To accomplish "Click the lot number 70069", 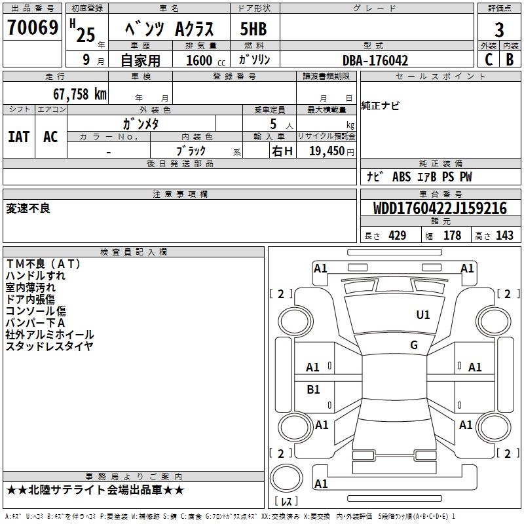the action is (x=32, y=28).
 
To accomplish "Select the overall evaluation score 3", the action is (x=499, y=29).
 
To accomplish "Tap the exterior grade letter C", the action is (x=488, y=59).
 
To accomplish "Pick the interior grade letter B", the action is (x=510, y=59).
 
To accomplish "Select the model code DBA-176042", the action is (x=375, y=60).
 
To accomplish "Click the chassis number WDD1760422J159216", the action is (x=440, y=208).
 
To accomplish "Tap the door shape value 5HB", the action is (x=254, y=29).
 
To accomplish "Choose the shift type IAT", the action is (x=18, y=136).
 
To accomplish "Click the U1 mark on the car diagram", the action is (x=423, y=315).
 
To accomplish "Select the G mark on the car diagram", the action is (x=414, y=345).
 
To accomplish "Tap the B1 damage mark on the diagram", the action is (x=313, y=390).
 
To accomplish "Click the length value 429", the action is (x=398, y=236).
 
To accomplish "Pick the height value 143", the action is (x=504, y=236).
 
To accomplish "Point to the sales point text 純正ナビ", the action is (x=380, y=106).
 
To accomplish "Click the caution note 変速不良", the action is (x=28, y=209).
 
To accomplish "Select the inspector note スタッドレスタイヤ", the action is (x=50, y=346).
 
